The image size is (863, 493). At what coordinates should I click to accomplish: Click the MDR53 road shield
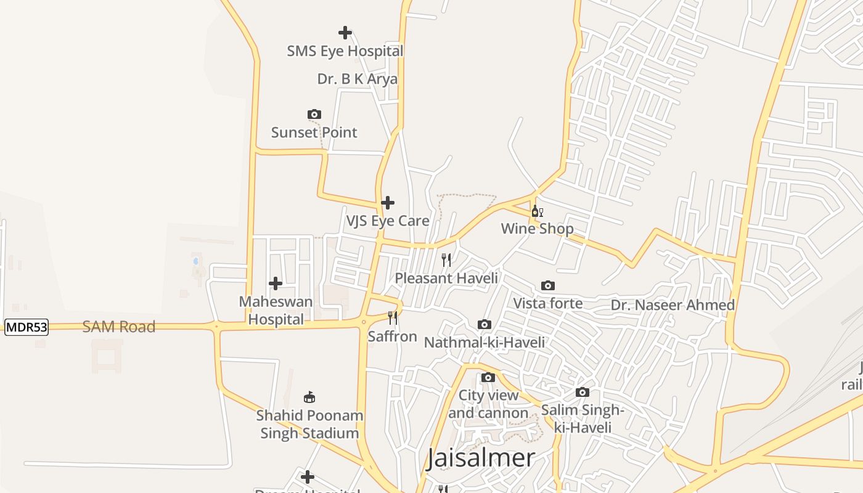[x=27, y=327]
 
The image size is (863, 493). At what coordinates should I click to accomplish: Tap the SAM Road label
[x=119, y=327]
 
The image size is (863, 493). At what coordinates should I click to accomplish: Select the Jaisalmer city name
[x=481, y=458]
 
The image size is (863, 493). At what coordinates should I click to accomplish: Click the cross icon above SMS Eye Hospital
[x=345, y=32]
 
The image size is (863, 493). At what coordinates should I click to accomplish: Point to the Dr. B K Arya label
[x=358, y=79]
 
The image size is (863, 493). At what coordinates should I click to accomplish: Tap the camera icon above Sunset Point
[x=314, y=114]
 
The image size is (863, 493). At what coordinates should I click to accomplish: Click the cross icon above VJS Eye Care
[x=388, y=202]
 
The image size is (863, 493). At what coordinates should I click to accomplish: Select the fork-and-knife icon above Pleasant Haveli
[x=446, y=259]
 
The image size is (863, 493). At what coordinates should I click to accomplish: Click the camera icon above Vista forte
[x=548, y=285]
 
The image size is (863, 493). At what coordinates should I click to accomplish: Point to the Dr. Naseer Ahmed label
[x=673, y=305]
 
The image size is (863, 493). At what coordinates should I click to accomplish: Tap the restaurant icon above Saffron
[x=393, y=318]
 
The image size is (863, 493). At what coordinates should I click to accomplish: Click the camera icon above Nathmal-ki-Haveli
[x=485, y=324]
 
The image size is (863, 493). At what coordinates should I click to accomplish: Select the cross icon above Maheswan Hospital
[x=276, y=283]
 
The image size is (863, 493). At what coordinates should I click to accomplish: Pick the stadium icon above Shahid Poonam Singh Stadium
[x=309, y=397]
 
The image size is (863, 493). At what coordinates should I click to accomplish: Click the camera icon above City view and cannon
[x=488, y=377]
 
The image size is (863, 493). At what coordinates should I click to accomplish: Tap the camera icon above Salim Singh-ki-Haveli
[x=583, y=392]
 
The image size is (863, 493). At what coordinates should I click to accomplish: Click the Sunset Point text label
[x=314, y=132]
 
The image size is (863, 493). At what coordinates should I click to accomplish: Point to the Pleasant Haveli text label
[x=446, y=278]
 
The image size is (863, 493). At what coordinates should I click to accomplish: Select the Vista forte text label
[x=548, y=303]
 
